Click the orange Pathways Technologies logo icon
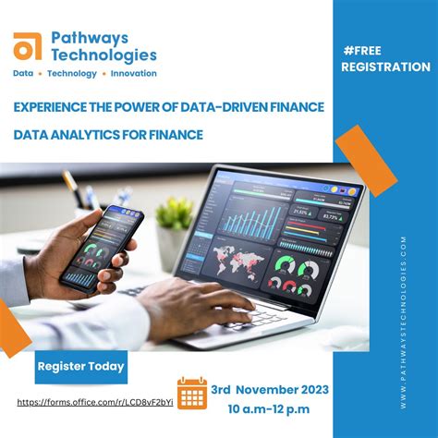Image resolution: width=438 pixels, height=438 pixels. (x=29, y=46)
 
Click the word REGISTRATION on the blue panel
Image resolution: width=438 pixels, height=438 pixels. (x=385, y=67)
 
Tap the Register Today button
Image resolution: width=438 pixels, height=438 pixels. (x=80, y=366)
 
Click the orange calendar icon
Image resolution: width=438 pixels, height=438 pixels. (x=192, y=394)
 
